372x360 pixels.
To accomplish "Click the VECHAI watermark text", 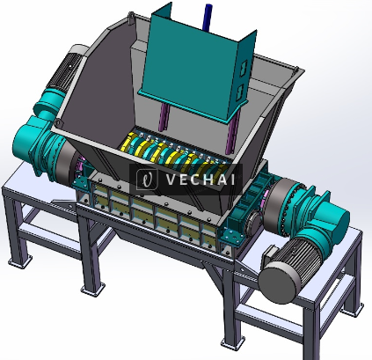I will [x=195, y=180].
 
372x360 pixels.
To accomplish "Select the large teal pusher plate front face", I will [x=189, y=66].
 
